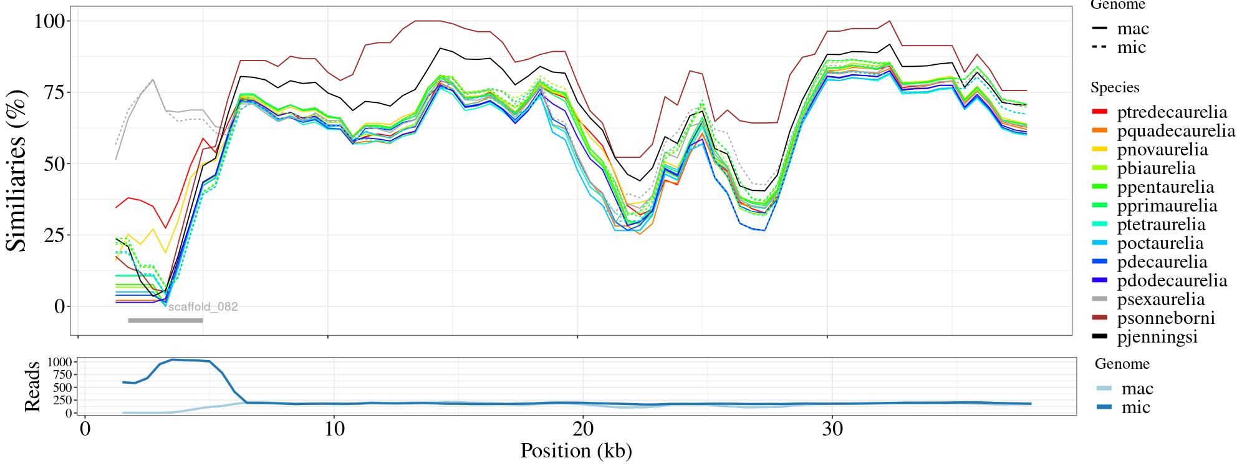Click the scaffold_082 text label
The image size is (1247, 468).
point(203,307)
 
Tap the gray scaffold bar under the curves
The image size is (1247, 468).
point(165,321)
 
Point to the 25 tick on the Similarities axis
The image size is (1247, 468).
point(55,235)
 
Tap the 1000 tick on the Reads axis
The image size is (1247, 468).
point(60,362)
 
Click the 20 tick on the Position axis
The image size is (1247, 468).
point(582,430)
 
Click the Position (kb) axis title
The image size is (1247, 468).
point(576,451)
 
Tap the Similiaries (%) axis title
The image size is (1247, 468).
point(17,170)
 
